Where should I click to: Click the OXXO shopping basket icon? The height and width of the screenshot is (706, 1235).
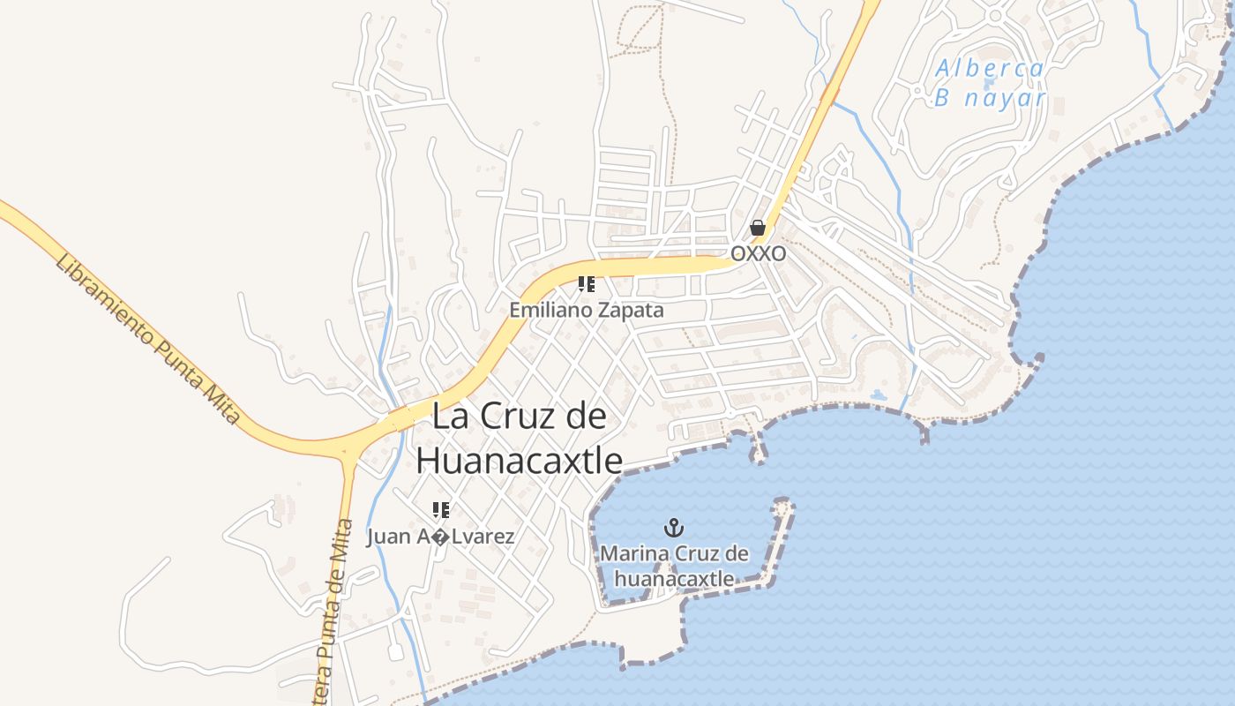(757, 229)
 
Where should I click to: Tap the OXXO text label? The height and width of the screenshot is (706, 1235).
(758, 253)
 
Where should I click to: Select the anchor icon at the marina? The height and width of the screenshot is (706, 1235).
(674, 529)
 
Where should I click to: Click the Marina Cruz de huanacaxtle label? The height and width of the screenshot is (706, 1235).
(675, 566)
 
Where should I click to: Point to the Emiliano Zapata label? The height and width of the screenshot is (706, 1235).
(586, 311)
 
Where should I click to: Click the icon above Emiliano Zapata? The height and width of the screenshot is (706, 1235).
(587, 284)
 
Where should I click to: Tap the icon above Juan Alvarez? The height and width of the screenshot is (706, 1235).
(440, 509)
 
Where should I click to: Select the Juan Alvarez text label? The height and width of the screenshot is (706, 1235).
(440, 537)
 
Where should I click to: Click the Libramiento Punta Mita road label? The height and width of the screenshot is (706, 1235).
(146, 338)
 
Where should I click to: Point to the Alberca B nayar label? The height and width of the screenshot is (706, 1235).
(990, 83)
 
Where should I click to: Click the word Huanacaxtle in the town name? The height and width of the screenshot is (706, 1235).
(519, 460)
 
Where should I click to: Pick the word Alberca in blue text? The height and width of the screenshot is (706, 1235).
(990, 68)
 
